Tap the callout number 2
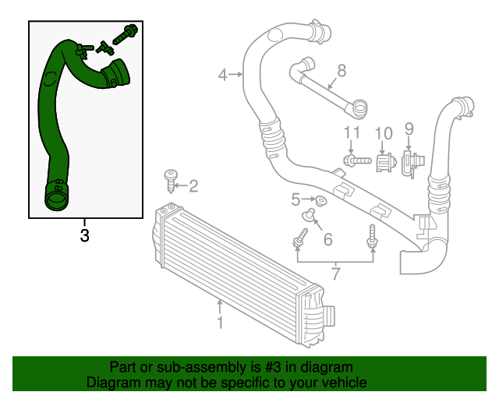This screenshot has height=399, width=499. click(193, 186)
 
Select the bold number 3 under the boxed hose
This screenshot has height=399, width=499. click(84, 235)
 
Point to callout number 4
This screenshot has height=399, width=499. click(223, 76)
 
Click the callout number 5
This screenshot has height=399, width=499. click(296, 199)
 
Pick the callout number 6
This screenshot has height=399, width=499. click(327, 239)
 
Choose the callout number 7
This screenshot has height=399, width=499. click(335, 273)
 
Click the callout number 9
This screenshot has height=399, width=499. click(409, 129)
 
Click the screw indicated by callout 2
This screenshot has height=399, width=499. click(171, 180)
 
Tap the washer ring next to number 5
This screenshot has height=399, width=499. click(321, 202)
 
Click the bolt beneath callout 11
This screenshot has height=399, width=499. click(356, 161)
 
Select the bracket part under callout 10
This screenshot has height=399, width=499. click(383, 162)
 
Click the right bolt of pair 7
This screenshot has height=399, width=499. click(372, 237)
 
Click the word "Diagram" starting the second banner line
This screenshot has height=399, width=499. click(111, 383)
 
